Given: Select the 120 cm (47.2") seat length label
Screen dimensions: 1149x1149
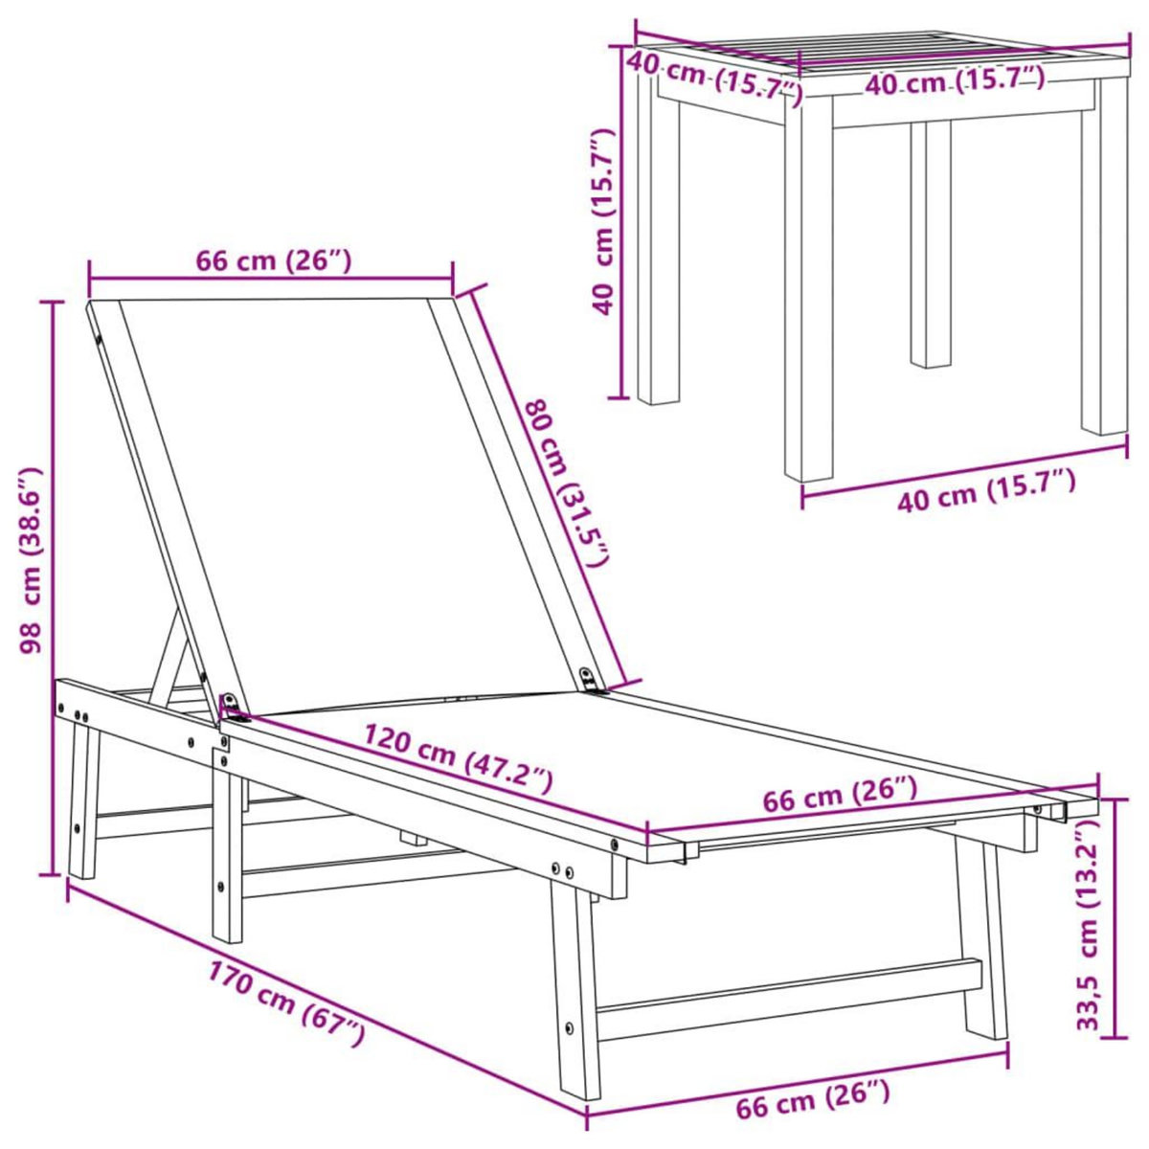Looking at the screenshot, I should [x=458, y=760].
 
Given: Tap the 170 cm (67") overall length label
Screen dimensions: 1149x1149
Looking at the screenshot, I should [x=287, y=1004].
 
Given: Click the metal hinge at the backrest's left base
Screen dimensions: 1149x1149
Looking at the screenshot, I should [x=229, y=707].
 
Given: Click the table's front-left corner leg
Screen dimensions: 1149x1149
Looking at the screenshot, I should [x=808, y=297].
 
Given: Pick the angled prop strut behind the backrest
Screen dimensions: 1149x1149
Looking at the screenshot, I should [x=170, y=661].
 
